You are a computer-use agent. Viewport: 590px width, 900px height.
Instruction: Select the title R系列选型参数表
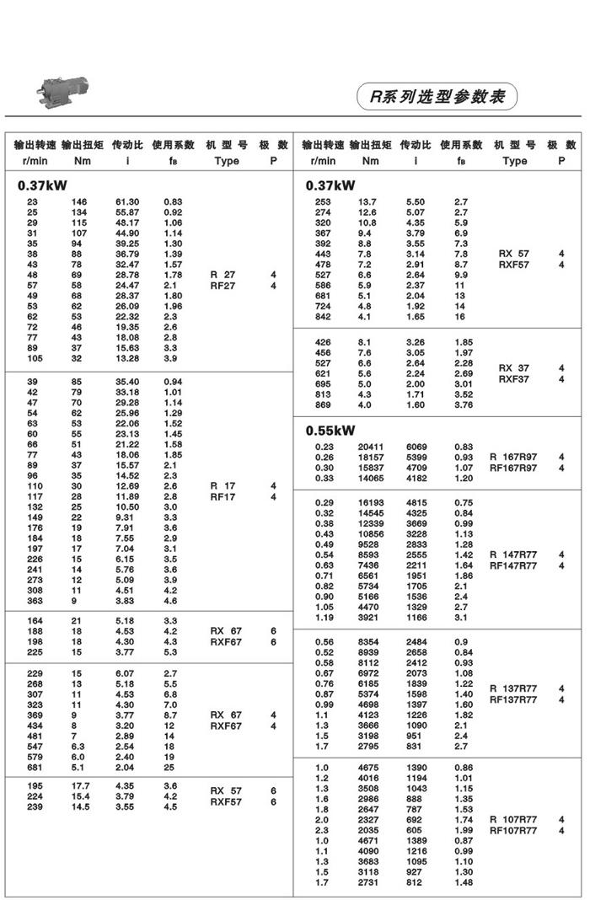tap(436, 97)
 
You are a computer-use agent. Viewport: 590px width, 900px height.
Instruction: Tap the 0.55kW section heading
tap(330, 431)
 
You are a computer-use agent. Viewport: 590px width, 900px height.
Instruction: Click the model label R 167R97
tap(513, 458)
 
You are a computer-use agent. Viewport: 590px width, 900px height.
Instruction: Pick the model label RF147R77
tap(513, 566)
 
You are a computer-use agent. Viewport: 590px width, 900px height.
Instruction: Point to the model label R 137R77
tap(513, 688)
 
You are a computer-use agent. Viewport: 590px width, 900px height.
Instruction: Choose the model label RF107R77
tap(513, 831)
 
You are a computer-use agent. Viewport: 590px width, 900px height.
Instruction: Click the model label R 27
tap(223, 276)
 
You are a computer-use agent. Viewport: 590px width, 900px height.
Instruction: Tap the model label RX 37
tap(513, 367)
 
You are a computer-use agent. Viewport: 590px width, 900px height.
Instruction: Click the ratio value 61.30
tap(127, 202)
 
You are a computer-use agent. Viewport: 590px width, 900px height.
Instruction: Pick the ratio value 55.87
tap(127, 213)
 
